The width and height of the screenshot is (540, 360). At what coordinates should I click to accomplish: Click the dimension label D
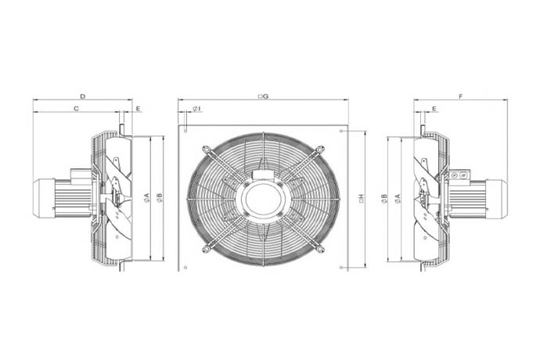click(83, 96)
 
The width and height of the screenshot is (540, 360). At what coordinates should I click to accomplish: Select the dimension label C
click(77, 109)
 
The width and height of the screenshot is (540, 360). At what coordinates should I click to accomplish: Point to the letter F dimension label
click(461, 96)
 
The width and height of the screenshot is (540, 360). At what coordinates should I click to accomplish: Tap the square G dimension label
click(263, 96)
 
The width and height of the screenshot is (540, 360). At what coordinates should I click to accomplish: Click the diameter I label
click(197, 109)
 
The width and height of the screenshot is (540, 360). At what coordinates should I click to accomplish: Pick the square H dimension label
click(362, 198)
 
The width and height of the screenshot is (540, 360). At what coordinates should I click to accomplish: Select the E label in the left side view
click(138, 109)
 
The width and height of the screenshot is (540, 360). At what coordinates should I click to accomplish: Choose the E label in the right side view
click(434, 109)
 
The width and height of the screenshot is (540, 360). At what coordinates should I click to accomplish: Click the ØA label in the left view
click(147, 197)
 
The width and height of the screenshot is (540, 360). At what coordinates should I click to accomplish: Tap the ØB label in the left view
click(159, 197)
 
